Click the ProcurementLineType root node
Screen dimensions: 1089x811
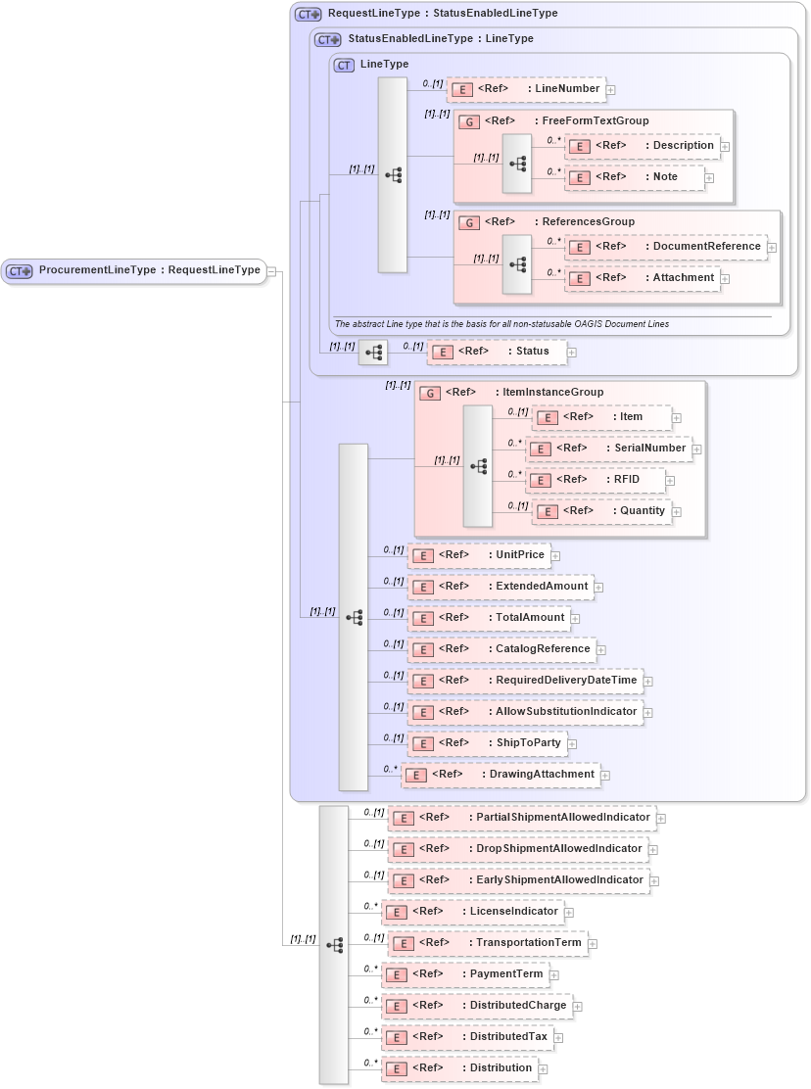(134, 270)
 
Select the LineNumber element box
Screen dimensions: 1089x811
(526, 89)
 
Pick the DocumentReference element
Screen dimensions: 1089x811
(667, 247)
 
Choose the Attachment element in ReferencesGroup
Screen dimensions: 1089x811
(643, 278)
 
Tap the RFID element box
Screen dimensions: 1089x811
(596, 480)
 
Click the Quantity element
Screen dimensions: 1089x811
(601, 511)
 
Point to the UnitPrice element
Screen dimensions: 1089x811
(478, 555)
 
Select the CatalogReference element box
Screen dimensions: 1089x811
(501, 649)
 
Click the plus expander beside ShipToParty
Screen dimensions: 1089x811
(573, 744)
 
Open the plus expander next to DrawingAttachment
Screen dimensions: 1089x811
(606, 776)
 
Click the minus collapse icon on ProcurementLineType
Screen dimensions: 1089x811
(272, 271)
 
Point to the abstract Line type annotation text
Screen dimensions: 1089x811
(501, 324)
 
